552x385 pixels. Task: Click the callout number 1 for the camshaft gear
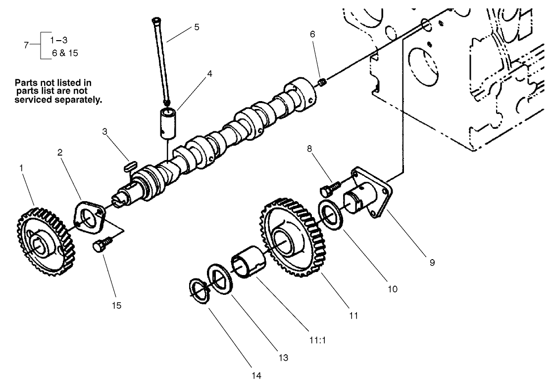(x=21, y=168)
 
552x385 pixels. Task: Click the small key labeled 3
(x=130, y=165)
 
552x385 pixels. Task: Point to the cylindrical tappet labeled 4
(x=167, y=122)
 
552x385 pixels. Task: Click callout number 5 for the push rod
(x=197, y=27)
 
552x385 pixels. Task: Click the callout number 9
(x=432, y=263)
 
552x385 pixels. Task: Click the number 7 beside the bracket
(x=27, y=45)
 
